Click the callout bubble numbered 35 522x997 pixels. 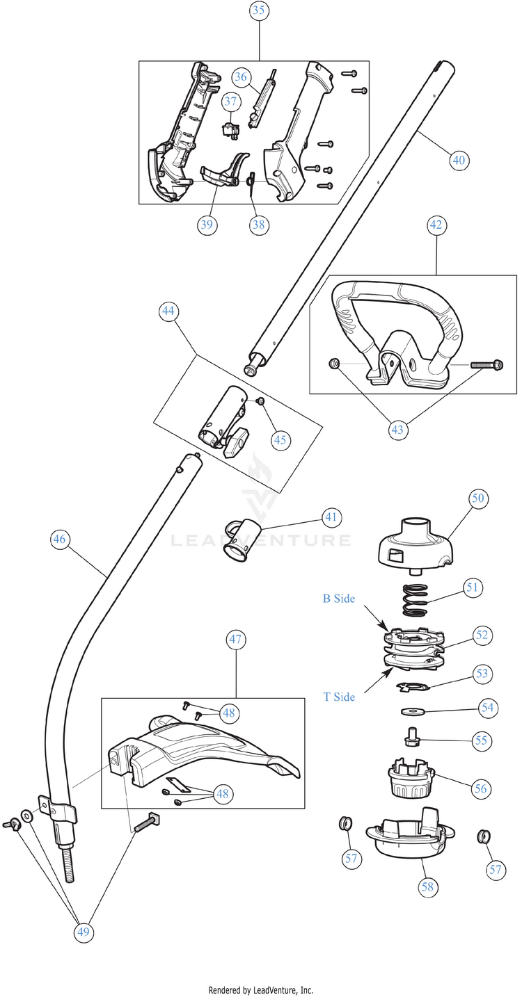(x=259, y=10)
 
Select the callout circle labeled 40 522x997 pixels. (x=458, y=159)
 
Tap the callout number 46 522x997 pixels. (x=61, y=538)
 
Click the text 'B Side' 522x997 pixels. (x=339, y=598)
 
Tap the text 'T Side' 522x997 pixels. (x=339, y=697)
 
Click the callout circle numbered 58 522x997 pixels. (x=427, y=887)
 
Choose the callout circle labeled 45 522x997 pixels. (x=280, y=439)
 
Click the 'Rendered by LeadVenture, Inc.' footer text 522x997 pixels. (x=261, y=990)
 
